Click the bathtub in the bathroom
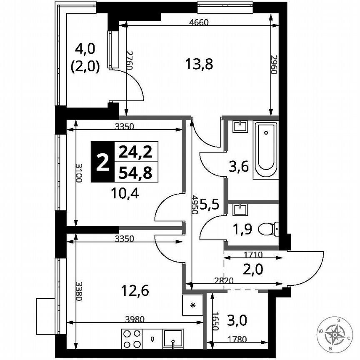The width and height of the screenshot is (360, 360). tap(266, 150)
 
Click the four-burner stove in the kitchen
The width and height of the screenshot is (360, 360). tap(132, 338)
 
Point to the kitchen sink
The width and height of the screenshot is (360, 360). tap(172, 338)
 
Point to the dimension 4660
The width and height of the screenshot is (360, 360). tap(198, 22)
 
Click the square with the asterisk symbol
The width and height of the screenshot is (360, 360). tap(192, 305)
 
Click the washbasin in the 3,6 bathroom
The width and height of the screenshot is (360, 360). tap(239, 126)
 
